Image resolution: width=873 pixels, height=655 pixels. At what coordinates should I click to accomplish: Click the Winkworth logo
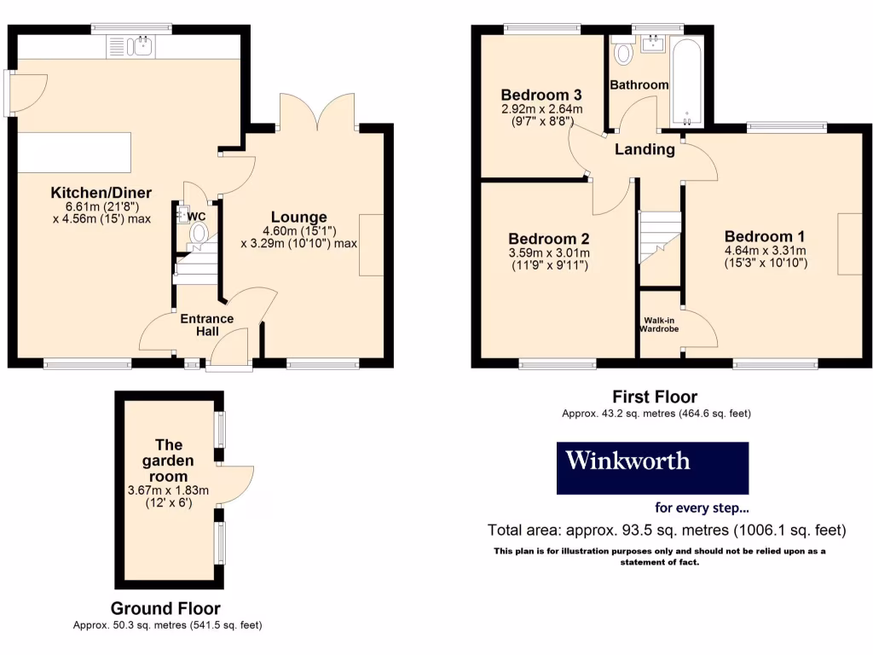(x=652, y=467)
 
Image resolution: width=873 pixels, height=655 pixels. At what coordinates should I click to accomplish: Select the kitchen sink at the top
(x=130, y=46)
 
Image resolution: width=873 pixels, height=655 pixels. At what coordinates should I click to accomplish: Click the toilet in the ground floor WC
(x=199, y=232)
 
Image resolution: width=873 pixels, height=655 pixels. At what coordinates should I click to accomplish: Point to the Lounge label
(x=298, y=217)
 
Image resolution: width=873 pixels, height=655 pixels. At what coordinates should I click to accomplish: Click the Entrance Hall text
(x=206, y=325)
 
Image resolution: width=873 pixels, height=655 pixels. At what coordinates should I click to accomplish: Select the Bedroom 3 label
(x=541, y=95)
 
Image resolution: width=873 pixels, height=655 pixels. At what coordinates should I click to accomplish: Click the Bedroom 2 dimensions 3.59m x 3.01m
(x=549, y=252)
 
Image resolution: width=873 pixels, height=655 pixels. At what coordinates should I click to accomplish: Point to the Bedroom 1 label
(x=765, y=236)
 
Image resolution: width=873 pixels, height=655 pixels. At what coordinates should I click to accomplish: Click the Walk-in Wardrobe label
(x=660, y=324)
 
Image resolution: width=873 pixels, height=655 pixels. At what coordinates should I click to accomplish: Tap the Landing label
(x=645, y=150)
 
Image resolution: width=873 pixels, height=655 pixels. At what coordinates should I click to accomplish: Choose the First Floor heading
(x=655, y=397)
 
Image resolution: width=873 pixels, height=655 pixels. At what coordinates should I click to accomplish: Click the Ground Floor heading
(x=165, y=608)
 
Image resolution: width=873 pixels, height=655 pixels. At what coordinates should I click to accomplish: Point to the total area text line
(x=666, y=530)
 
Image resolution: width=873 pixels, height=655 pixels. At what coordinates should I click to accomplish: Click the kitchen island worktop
(x=75, y=152)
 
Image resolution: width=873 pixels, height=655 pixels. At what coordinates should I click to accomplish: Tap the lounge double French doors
(x=317, y=111)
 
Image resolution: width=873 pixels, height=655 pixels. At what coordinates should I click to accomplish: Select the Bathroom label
(x=639, y=84)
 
